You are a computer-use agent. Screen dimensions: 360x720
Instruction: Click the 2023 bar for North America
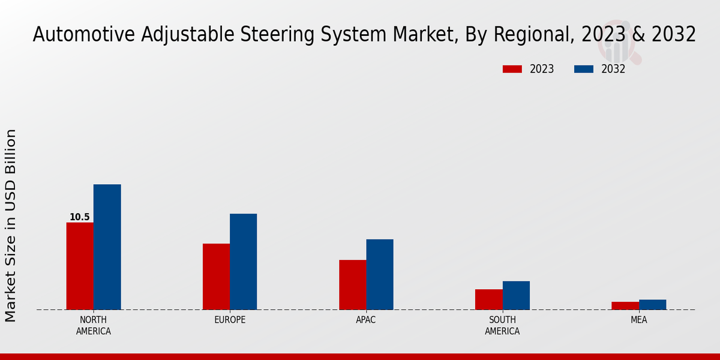click(x=80, y=266)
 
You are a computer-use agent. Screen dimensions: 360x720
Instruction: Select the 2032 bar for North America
click(x=107, y=247)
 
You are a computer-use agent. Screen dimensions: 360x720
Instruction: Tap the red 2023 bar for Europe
click(x=216, y=277)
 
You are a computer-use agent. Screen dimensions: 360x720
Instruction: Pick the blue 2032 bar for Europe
click(x=243, y=262)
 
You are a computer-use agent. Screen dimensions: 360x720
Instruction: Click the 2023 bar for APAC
click(x=352, y=285)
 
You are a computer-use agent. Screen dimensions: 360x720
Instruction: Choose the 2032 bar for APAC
click(x=380, y=275)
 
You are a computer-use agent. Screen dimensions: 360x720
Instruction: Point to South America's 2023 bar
click(x=488, y=299)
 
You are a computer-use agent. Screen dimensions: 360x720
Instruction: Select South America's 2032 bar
click(x=516, y=295)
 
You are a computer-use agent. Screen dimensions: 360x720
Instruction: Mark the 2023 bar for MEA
click(x=625, y=306)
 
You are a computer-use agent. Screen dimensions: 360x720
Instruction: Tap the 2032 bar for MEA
click(x=652, y=305)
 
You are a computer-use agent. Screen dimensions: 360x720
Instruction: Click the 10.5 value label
click(x=80, y=217)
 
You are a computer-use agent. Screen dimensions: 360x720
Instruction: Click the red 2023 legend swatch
click(x=512, y=69)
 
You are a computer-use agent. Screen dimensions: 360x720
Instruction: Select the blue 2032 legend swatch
click(x=583, y=69)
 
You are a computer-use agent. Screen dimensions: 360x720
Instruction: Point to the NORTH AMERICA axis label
click(x=94, y=325)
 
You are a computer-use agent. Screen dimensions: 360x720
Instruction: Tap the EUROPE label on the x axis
click(x=230, y=320)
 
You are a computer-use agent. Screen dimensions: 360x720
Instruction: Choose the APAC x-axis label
click(x=366, y=320)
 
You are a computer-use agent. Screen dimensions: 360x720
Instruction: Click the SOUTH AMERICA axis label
click(x=502, y=325)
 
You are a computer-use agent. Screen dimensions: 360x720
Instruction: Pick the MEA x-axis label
click(x=638, y=320)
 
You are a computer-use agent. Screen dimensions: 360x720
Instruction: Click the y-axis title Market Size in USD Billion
click(x=11, y=225)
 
